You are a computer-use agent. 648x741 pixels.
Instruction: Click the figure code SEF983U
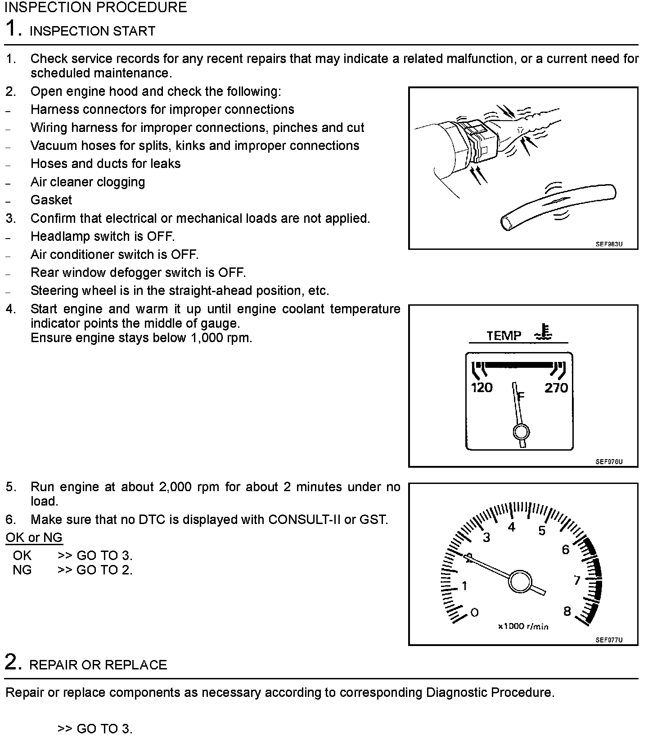click(609, 244)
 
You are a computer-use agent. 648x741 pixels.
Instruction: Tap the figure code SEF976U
click(609, 462)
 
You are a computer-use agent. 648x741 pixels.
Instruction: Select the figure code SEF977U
click(609, 640)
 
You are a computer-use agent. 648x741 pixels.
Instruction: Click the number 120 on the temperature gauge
click(481, 388)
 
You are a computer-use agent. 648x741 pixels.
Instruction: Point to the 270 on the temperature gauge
click(556, 388)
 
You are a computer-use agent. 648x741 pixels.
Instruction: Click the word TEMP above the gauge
click(504, 336)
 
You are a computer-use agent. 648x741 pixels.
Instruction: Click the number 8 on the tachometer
click(567, 611)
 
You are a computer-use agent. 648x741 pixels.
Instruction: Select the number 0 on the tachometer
click(474, 612)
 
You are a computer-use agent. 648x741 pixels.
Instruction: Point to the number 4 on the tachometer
click(511, 527)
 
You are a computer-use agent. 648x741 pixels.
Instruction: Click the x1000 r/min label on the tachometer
click(523, 626)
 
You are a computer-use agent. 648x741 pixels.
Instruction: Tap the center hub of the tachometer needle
click(520, 581)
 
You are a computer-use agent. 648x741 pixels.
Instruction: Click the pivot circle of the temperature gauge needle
click(521, 432)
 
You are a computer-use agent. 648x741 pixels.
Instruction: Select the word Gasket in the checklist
click(51, 200)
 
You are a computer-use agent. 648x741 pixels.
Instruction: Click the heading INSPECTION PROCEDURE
click(95, 8)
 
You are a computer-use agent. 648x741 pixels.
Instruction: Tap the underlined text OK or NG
click(34, 538)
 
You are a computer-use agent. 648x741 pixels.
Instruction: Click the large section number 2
click(13, 663)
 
